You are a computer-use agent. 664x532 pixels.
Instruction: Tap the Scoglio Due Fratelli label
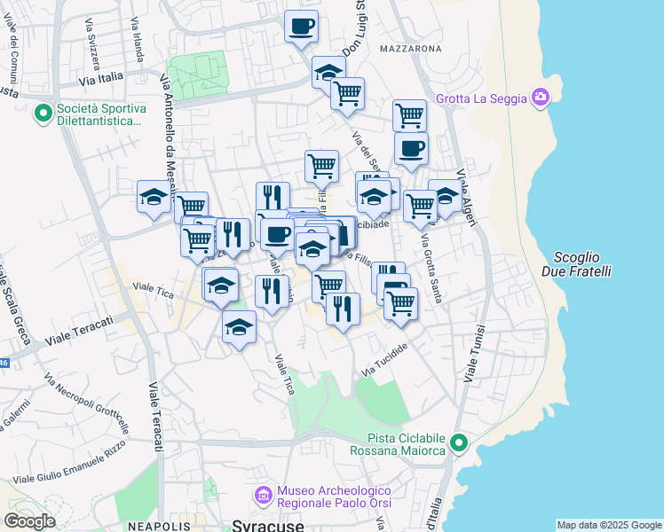pyautogui.click(x=576, y=263)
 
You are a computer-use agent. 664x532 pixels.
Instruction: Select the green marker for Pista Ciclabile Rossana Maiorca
pyautogui.click(x=458, y=442)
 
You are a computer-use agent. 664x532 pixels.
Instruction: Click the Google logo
pyautogui.click(x=29, y=521)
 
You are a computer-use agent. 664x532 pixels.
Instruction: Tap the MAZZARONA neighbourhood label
pyautogui.click(x=410, y=48)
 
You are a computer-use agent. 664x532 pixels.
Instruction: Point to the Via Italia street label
pyautogui.click(x=101, y=80)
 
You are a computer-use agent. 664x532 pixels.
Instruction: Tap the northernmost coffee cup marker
pyautogui.click(x=301, y=25)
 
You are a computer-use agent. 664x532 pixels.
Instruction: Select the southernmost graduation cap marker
pyautogui.click(x=239, y=327)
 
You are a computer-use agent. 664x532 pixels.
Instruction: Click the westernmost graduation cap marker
pyautogui.click(x=154, y=197)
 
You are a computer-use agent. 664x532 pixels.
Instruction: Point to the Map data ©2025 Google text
pyautogui.click(x=608, y=525)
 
